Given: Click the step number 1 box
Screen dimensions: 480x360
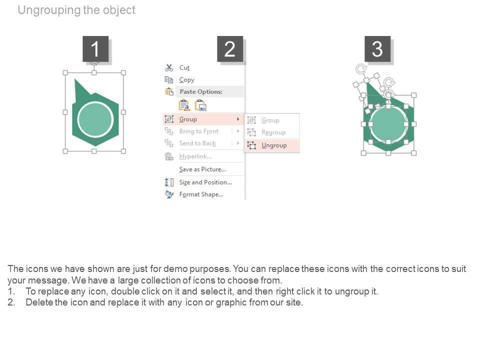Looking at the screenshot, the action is click(95, 48).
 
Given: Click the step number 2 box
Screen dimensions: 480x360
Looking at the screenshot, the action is click(230, 48).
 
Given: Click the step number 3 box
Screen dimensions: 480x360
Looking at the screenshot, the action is click(377, 48).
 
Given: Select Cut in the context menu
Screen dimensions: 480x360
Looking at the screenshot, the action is click(184, 67).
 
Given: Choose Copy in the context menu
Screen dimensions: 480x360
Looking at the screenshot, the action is click(186, 80).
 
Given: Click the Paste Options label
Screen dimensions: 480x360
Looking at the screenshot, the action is click(201, 91).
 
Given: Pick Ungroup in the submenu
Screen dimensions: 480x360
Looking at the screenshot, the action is click(274, 145).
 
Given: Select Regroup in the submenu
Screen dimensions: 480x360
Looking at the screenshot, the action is click(273, 132).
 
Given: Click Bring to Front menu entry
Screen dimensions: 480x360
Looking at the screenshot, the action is click(198, 131).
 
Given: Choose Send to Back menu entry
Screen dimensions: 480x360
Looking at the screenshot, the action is click(197, 143).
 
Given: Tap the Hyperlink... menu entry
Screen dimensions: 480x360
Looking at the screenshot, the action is click(195, 156).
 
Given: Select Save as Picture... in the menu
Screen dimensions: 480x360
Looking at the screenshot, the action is click(202, 169).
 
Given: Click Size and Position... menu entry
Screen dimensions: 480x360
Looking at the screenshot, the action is click(205, 182).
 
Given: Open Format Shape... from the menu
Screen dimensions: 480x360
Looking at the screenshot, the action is click(201, 194).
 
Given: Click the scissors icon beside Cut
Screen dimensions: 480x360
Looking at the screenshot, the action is click(169, 67).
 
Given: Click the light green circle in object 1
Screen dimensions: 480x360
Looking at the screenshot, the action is click(95, 119).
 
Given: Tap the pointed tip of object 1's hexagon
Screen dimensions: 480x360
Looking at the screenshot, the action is click(75, 79).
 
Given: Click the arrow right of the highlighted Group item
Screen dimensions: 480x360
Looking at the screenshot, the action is click(238, 119).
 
